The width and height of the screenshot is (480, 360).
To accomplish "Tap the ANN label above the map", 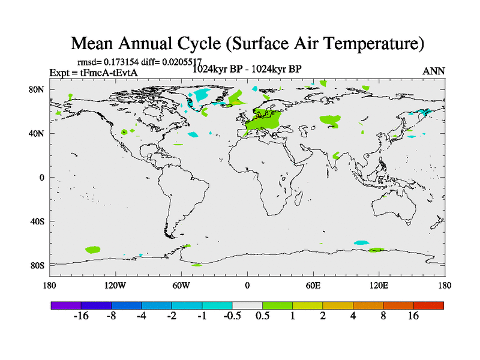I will pos(434,71).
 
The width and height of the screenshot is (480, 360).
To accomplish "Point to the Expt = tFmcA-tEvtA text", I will pos(94,73).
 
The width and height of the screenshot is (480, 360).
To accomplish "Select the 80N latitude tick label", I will pos(37,89).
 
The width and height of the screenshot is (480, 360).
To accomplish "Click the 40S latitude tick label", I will pos(37,221).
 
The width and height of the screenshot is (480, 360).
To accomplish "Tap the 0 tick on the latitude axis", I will pos(42,178).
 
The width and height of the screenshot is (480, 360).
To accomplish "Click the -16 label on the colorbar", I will pos(80,316).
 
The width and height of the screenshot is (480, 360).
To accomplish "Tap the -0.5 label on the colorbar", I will pos(232,316).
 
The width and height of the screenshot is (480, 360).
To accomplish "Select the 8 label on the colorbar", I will pos(383,316).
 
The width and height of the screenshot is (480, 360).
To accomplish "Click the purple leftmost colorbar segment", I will pos(66,305).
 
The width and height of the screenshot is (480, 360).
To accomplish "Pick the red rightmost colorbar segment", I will pos(428,305).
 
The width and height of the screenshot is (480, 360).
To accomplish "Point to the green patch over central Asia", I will pos(330,119).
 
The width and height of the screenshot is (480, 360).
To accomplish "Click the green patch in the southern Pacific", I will pos(93,248).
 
